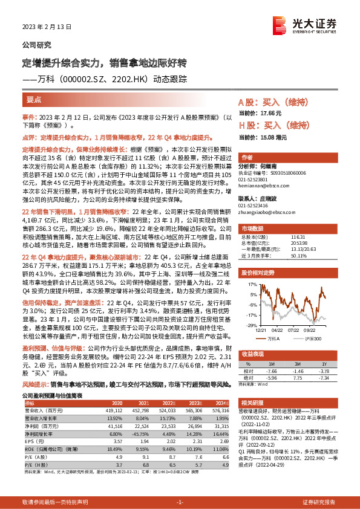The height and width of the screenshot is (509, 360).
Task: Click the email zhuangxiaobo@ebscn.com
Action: coord(265,212)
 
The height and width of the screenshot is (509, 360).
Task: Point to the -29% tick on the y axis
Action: coord(250,325)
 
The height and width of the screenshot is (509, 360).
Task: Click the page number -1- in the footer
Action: coord(180,502)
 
